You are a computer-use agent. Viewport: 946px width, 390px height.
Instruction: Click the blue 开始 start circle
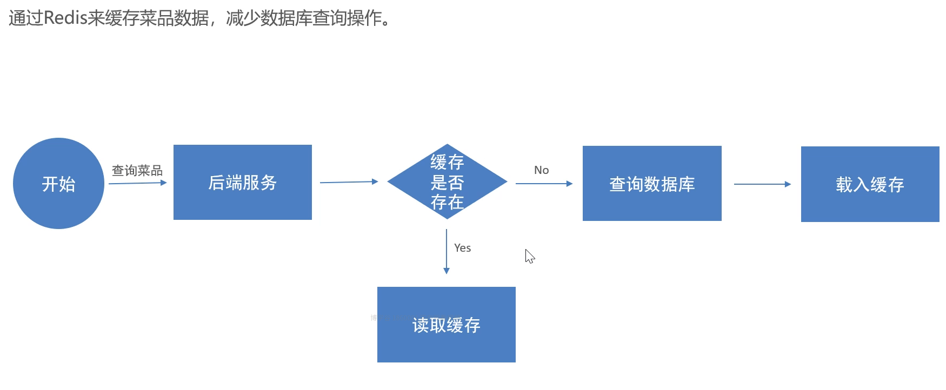point(58,184)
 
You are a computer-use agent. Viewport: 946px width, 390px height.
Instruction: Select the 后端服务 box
point(242,183)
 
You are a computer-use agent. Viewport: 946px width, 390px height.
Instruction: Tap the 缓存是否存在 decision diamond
point(447,182)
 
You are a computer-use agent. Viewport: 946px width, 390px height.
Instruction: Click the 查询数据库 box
point(652,184)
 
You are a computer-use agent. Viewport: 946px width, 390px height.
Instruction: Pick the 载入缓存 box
point(870,184)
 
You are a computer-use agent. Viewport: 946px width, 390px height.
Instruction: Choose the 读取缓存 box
point(446,325)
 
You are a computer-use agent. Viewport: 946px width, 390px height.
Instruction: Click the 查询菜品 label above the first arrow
point(137,171)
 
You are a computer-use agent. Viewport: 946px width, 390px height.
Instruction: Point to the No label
point(541,170)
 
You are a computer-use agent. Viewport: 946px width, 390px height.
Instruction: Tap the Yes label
point(462,248)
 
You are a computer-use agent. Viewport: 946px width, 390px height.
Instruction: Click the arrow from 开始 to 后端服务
point(137,183)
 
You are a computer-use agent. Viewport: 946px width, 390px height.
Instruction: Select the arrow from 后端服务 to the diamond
point(349,182)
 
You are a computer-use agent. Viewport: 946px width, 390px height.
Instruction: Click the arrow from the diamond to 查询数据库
point(543,184)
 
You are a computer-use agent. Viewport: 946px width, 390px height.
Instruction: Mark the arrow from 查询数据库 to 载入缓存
point(762,184)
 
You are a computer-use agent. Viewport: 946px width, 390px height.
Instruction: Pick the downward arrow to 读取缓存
point(447,251)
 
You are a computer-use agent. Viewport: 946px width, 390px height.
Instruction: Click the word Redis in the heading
point(65,18)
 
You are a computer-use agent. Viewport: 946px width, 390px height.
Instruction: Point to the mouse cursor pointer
point(529,256)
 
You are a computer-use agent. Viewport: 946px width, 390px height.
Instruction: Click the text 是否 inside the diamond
point(447,183)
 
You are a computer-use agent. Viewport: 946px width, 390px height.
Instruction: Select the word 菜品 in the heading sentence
point(157,18)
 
